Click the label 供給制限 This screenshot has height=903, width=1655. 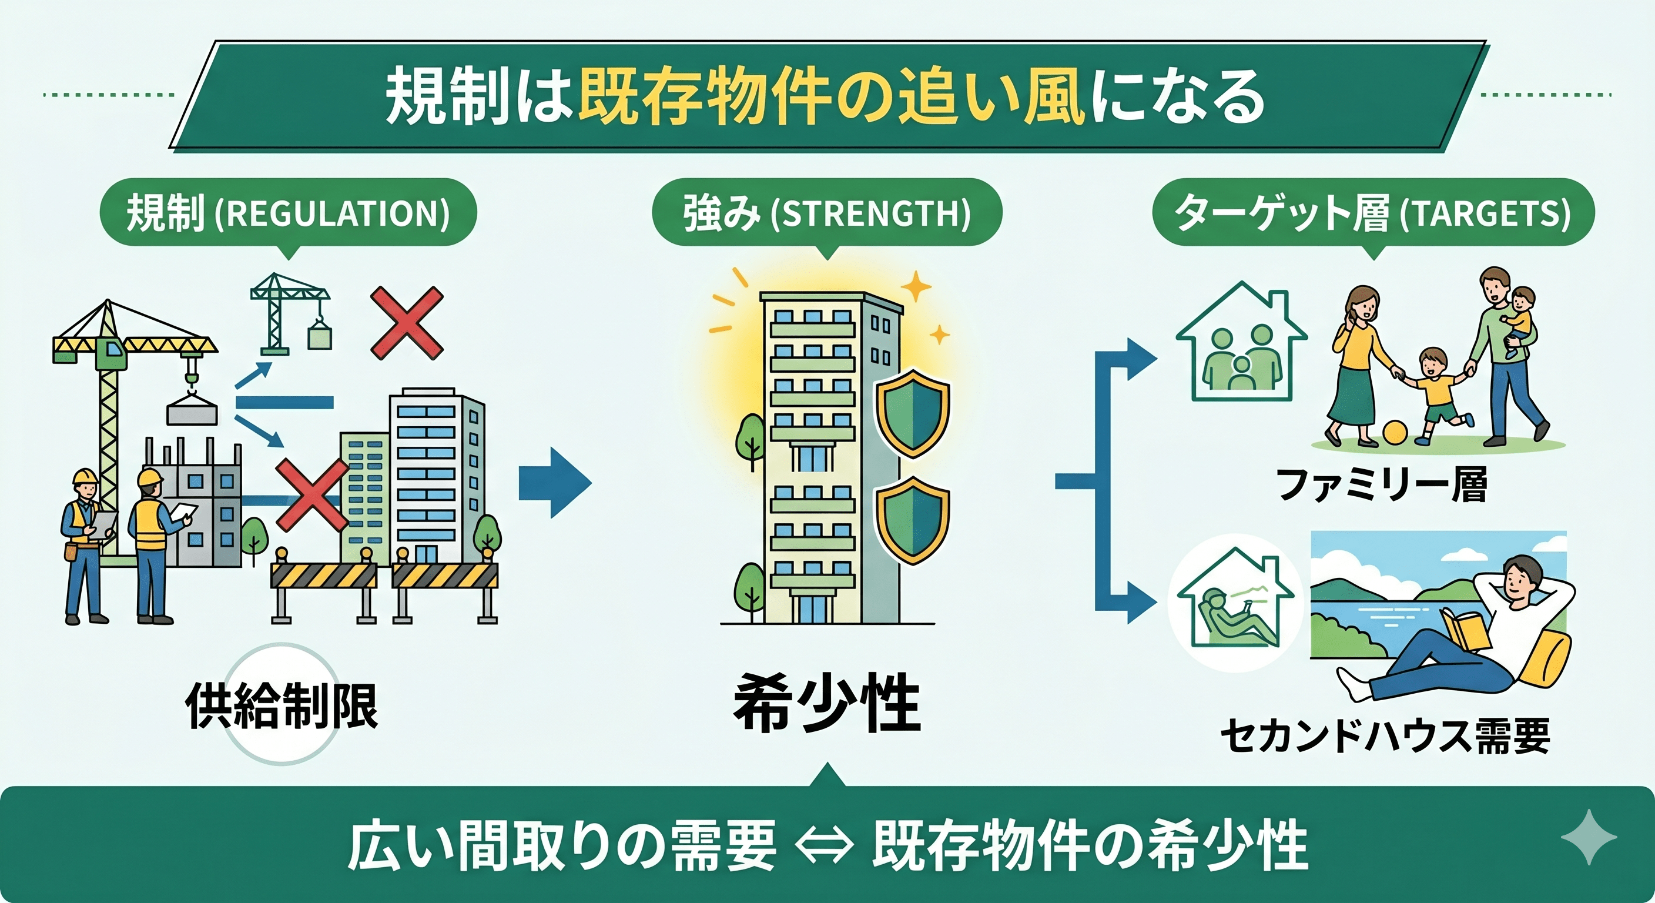coord(282,705)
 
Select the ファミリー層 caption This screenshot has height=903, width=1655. coord(1381,485)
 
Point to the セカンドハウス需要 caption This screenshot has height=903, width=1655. coord(1385,736)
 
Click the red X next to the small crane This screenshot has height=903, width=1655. coord(407,323)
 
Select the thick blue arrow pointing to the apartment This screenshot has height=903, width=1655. coord(555,483)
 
